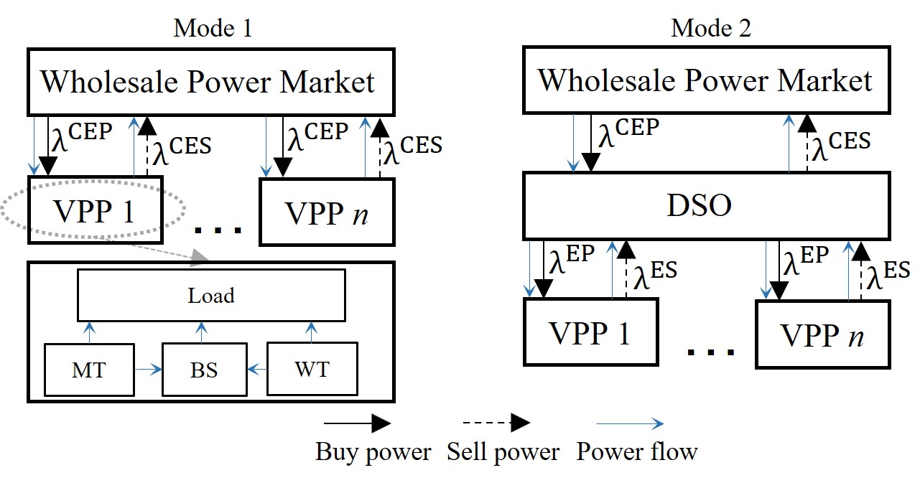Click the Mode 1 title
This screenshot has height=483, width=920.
(x=213, y=28)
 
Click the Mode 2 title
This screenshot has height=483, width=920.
(x=711, y=28)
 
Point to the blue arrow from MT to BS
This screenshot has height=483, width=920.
(x=148, y=370)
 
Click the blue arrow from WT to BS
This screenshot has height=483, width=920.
(x=257, y=370)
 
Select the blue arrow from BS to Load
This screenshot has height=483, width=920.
(x=201, y=332)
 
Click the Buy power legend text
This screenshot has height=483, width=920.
(x=373, y=452)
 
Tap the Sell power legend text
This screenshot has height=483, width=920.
(x=503, y=452)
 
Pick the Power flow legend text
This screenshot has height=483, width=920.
(x=637, y=451)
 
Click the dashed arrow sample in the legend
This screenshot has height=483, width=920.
(x=496, y=423)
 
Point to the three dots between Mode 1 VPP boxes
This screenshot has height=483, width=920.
(x=218, y=230)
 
